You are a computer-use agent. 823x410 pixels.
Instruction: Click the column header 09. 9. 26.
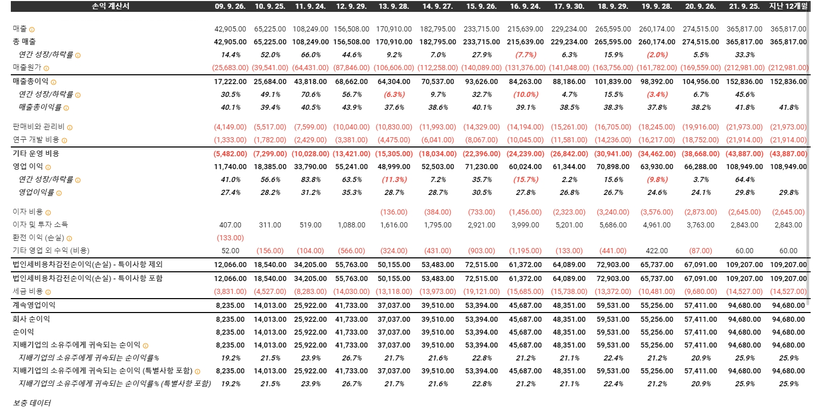(x=229, y=6)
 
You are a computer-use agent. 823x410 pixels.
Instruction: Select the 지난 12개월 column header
(x=788, y=6)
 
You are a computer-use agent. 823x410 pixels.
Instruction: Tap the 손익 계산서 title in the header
(x=110, y=6)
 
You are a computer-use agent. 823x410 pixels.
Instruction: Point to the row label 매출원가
(x=27, y=68)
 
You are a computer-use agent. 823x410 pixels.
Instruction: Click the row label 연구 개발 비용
(x=36, y=140)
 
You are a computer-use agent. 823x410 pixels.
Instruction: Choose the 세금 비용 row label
(x=27, y=291)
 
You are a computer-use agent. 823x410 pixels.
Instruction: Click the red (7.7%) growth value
(x=525, y=55)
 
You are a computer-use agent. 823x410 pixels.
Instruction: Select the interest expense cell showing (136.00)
(x=393, y=212)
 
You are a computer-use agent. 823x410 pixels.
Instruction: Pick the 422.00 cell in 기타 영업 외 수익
(x=656, y=251)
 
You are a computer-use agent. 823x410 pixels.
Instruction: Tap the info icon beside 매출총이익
(x=54, y=82)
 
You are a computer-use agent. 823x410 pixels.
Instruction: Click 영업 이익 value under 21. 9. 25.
(x=744, y=167)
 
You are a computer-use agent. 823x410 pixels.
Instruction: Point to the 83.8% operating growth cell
(x=310, y=179)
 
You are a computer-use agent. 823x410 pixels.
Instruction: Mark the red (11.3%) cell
(x=394, y=179)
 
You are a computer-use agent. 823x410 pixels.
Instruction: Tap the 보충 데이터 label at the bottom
(x=32, y=403)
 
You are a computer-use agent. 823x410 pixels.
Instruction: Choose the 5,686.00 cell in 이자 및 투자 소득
(x=613, y=225)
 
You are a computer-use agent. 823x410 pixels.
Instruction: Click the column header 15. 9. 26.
(x=481, y=6)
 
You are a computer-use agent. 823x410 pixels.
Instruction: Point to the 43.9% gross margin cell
(x=352, y=107)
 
